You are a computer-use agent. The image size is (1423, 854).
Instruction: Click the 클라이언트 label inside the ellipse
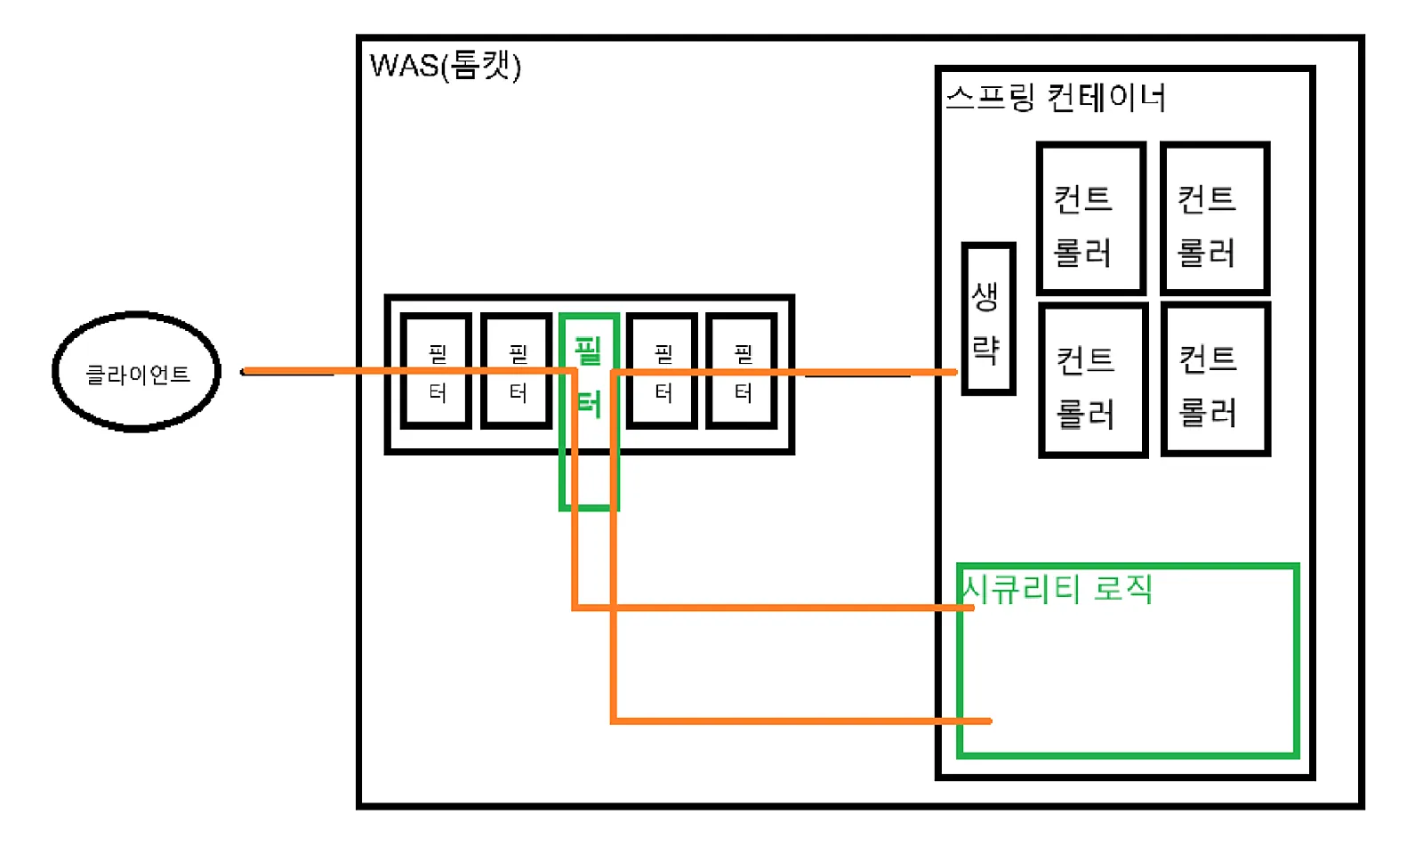coord(137,375)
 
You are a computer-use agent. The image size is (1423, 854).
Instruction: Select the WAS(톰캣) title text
coord(445,65)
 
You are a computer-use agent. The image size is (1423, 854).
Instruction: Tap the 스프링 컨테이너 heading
coord(1055,97)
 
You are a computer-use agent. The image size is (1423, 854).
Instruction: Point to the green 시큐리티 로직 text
coord(1057,589)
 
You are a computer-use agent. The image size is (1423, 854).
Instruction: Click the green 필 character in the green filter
coord(588,350)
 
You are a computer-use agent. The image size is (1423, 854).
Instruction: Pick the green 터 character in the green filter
coord(588,405)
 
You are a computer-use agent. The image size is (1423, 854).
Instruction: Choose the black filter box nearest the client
coord(437,371)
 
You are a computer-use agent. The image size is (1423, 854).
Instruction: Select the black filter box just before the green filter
coord(517,371)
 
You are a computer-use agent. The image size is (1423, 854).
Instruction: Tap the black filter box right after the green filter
coord(663,371)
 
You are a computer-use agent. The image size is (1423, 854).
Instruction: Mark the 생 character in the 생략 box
coord(985,296)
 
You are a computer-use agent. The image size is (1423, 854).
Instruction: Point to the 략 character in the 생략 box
coord(985,349)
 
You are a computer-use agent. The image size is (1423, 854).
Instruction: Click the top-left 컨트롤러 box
coord(1090,219)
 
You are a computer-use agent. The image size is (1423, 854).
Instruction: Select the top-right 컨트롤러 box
coord(1215,219)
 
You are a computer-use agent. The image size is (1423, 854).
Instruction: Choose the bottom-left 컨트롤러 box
coord(1093,381)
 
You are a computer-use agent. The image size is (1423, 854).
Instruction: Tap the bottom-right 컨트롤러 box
coord(1216,380)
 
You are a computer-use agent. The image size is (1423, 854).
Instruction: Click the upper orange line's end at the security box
coord(971,608)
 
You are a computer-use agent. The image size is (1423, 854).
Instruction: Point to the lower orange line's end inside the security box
coord(988,721)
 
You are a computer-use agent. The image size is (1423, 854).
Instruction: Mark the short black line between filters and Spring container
coord(857,375)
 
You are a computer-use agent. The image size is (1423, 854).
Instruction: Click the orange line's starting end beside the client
coord(246,371)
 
